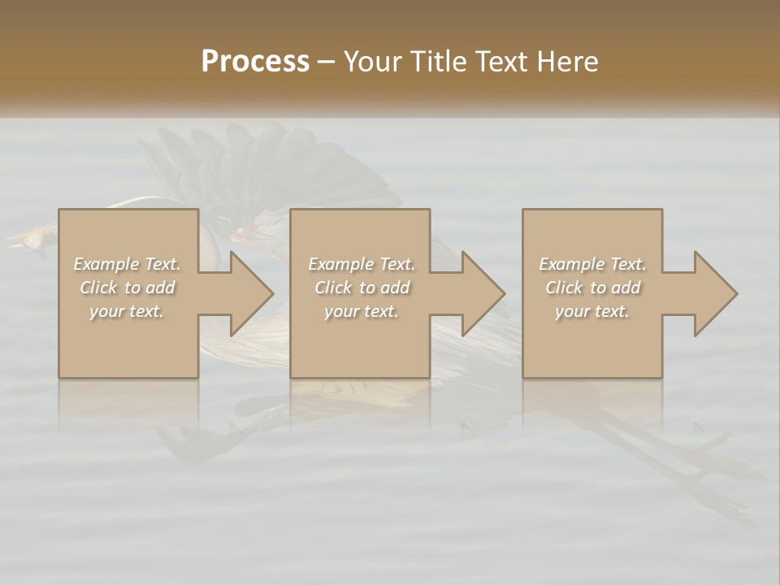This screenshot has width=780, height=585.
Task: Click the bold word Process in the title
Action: [255, 62]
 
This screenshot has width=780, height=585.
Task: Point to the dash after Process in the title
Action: [327, 62]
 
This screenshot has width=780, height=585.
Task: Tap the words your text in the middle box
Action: [362, 311]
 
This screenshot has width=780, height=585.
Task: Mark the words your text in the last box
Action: [592, 311]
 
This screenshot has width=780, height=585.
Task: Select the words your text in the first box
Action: [127, 311]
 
